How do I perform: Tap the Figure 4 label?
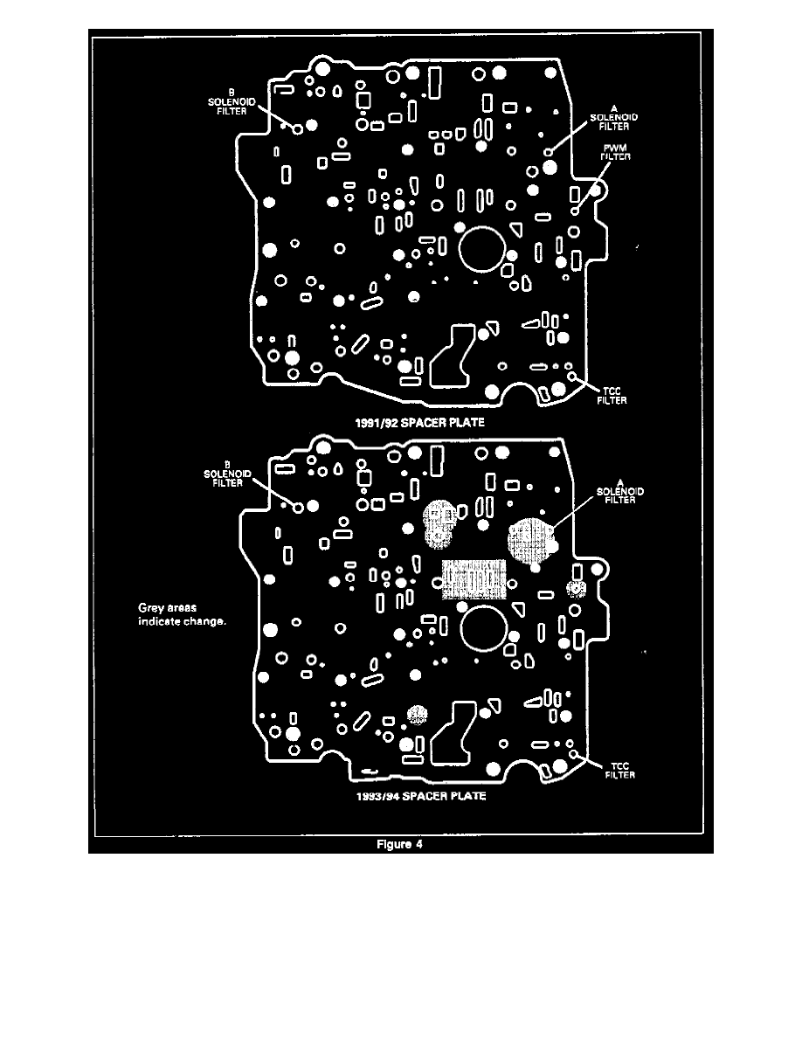tap(401, 844)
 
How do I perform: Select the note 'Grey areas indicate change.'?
tap(183, 614)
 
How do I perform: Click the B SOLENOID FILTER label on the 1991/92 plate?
tap(232, 102)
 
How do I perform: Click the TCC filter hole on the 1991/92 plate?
tap(573, 376)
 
